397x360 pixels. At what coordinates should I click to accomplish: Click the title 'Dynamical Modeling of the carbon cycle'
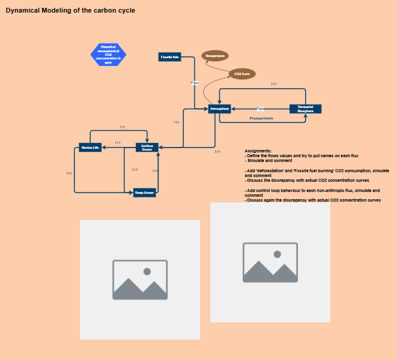(x=70, y=11)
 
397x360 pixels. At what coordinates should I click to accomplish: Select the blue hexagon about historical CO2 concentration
(x=108, y=55)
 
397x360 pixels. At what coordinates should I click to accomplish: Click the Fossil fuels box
(x=170, y=57)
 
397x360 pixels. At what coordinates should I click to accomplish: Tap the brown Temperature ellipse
(x=214, y=56)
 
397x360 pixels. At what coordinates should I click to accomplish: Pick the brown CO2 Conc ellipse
(x=242, y=74)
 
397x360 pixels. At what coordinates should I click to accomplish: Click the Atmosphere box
(x=219, y=109)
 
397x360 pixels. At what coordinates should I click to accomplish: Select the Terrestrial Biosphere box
(x=305, y=109)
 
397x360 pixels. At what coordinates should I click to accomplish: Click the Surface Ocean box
(x=147, y=147)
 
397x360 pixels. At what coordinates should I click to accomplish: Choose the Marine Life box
(x=90, y=147)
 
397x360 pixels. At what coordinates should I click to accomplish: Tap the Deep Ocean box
(x=145, y=193)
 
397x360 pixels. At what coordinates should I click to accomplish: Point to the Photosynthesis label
(x=261, y=119)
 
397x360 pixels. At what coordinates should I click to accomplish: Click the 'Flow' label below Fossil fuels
(x=195, y=83)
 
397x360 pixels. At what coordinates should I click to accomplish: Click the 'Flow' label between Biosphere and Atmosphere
(x=261, y=109)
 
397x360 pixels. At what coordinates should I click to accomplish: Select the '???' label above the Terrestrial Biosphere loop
(x=274, y=84)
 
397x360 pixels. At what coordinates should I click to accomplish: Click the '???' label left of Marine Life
(x=69, y=173)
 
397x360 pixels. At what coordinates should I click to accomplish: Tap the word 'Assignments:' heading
(x=258, y=151)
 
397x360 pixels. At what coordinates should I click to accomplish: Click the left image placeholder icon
(x=140, y=280)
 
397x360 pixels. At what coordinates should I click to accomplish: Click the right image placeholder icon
(x=270, y=262)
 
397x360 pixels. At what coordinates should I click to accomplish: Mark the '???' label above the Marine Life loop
(x=123, y=127)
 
